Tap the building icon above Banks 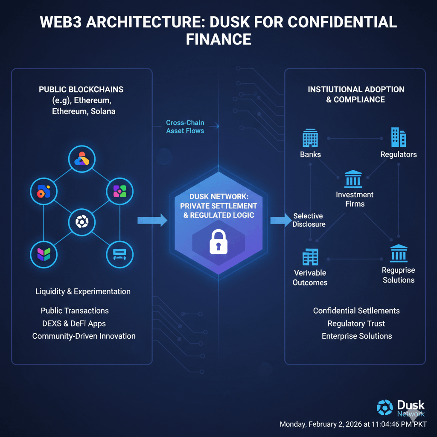(x=310, y=138)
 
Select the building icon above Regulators (x=399, y=137)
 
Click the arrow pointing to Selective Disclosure (x=280, y=221)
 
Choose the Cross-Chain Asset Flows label (x=185, y=127)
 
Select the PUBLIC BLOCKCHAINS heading (x=81, y=90)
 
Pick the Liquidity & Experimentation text (x=83, y=291)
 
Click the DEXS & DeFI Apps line (x=74, y=323)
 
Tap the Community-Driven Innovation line (x=84, y=336)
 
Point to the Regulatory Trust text (x=356, y=323)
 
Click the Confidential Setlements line (x=356, y=311)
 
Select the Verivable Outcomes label (x=310, y=277)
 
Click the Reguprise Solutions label (x=399, y=275)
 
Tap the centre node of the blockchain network (x=82, y=221)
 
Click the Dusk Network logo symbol (x=385, y=408)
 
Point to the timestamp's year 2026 (x=351, y=425)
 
